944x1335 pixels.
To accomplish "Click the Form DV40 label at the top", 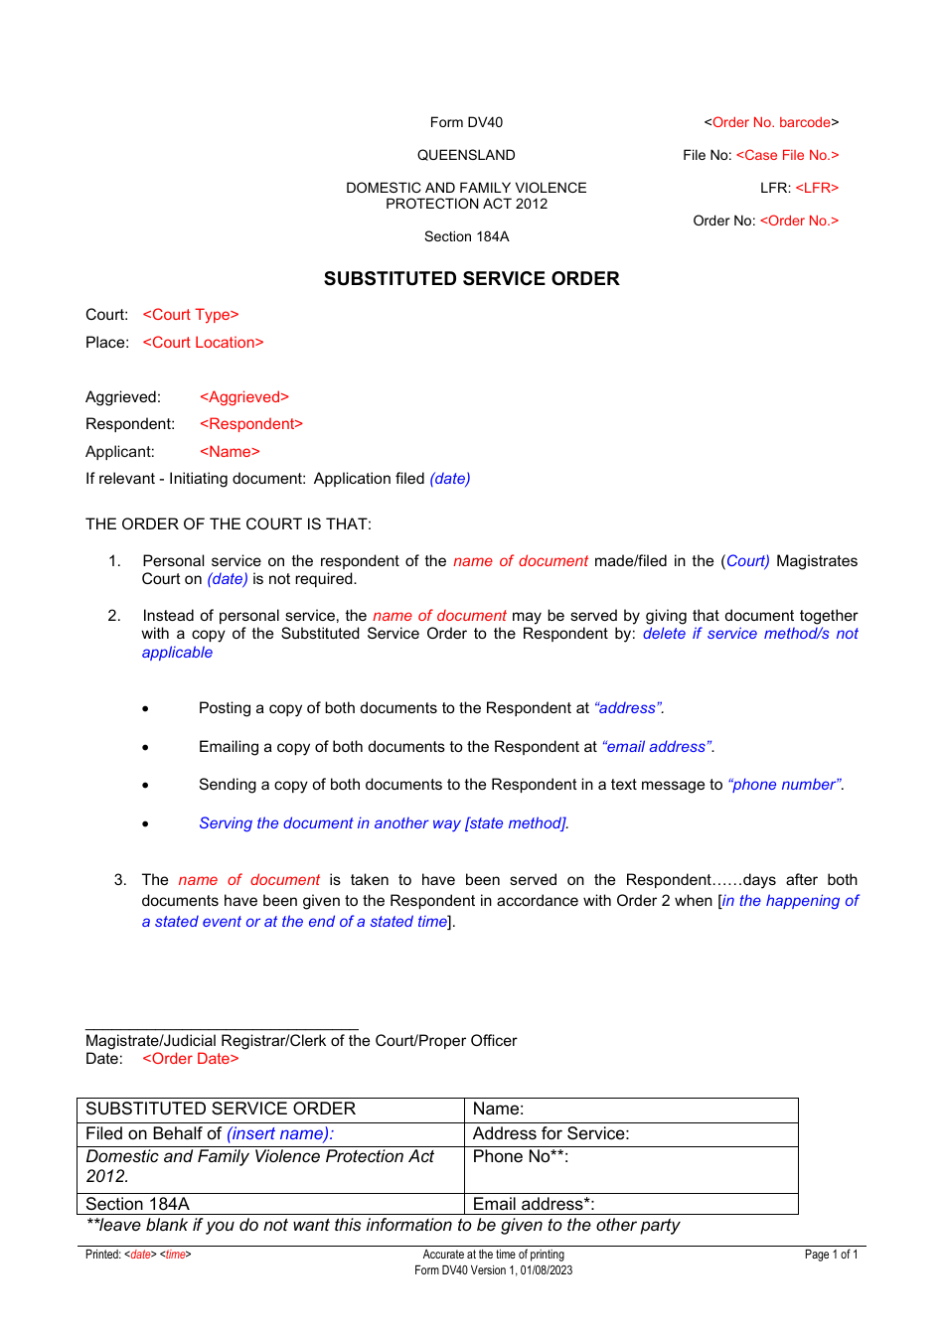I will [466, 122].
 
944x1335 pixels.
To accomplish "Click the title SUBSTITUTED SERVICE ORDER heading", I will [471, 279].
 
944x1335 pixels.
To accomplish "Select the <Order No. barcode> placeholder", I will [771, 122].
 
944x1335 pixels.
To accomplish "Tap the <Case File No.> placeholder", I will [787, 155].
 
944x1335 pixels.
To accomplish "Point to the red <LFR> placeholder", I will [817, 188].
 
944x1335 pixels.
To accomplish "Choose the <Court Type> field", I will [191, 315].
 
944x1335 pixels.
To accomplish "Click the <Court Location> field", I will [203, 343].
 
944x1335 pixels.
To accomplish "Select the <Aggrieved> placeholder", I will [244, 397].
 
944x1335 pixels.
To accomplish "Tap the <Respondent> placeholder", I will [251, 424].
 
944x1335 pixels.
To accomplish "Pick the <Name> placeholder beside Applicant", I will [230, 452].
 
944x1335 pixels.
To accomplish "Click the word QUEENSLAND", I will [466, 155].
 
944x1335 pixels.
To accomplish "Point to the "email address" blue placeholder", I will [657, 747].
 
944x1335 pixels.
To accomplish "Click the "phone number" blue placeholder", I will [785, 785].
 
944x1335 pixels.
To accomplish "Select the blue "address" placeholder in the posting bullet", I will [628, 708].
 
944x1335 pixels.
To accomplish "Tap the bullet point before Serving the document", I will [145, 824].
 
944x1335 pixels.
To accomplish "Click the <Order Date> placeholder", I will [191, 1059].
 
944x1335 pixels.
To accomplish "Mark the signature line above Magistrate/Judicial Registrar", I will [222, 1029].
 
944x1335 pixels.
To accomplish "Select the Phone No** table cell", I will [631, 1169].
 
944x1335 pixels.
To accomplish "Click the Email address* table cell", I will [631, 1204].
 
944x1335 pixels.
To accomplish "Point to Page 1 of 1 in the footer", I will [831, 1255].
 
